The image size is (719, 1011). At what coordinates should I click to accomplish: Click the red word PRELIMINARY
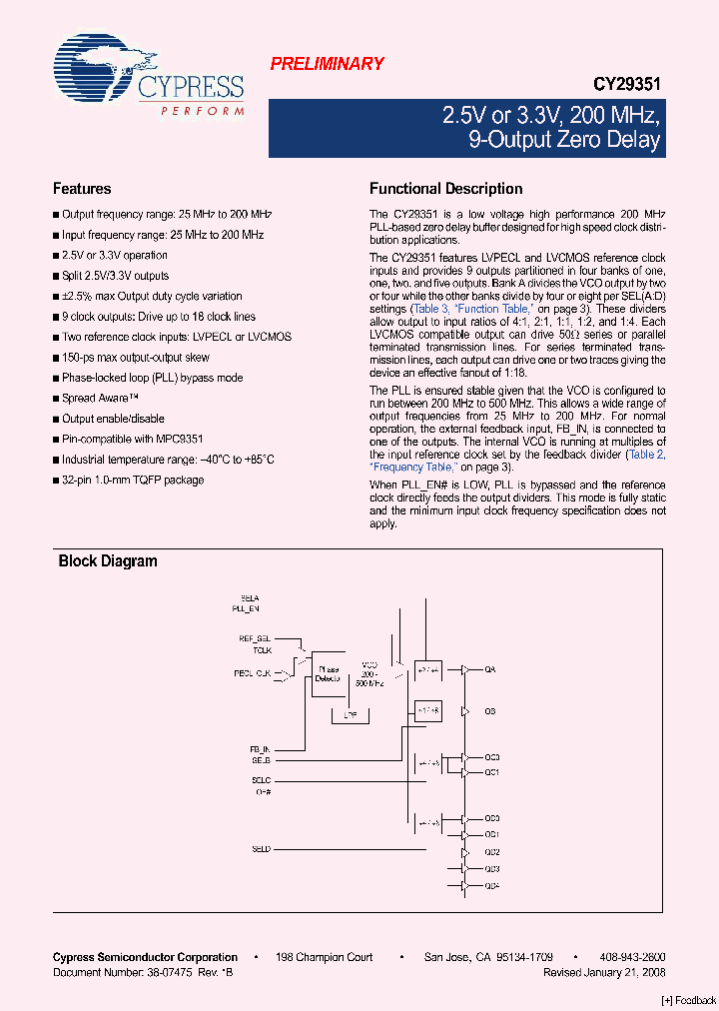(327, 64)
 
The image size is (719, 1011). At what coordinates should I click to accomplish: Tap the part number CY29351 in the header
(626, 87)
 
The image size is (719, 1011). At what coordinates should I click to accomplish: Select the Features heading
(82, 189)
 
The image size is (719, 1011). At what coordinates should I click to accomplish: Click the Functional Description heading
(445, 189)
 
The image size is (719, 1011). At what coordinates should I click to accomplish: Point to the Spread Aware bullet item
(101, 398)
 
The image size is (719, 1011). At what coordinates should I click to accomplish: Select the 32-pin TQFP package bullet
(133, 480)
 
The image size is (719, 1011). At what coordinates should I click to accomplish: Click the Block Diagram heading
(108, 561)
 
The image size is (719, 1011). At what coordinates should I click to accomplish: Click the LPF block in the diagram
(350, 715)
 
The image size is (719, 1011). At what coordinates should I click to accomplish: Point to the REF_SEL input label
(255, 637)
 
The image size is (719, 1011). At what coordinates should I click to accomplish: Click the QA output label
(489, 669)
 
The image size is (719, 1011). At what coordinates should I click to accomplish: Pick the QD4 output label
(491, 886)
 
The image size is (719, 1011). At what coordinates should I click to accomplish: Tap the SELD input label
(261, 848)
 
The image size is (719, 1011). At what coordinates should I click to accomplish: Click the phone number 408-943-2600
(635, 957)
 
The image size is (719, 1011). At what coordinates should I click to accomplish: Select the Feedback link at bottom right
(689, 1000)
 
